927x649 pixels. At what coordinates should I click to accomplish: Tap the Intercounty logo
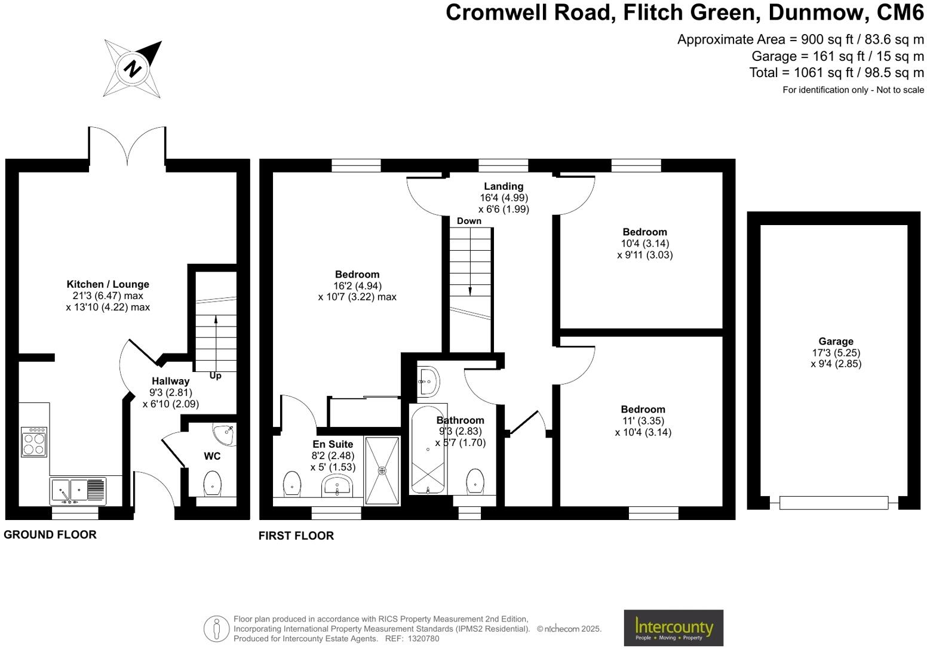(x=673, y=628)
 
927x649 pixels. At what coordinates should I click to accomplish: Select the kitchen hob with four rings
(x=33, y=442)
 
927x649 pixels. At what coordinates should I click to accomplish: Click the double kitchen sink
(x=78, y=490)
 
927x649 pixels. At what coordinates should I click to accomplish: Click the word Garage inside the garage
(x=836, y=342)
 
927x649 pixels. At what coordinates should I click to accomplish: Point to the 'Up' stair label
(x=215, y=376)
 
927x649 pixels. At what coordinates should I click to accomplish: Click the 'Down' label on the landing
(x=469, y=221)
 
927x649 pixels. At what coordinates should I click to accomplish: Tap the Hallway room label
(x=170, y=381)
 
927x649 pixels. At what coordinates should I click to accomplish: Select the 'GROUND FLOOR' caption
(x=50, y=534)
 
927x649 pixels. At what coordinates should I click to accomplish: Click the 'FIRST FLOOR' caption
(x=296, y=536)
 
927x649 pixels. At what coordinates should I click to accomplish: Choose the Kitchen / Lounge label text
(x=108, y=284)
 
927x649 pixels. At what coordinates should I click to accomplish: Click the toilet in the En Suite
(x=291, y=483)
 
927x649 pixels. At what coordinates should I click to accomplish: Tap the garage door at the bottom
(x=833, y=503)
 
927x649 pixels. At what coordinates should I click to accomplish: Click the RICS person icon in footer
(x=216, y=629)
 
